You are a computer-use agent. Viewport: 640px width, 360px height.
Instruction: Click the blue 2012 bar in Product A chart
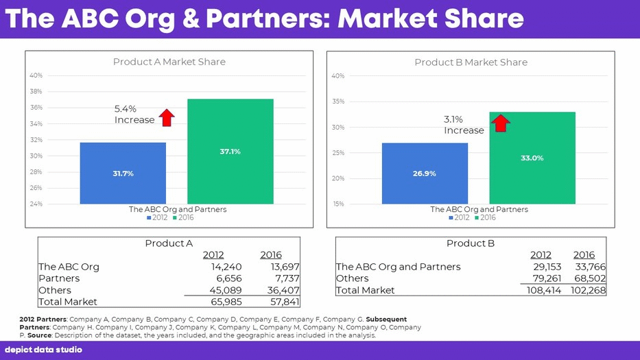coord(123,173)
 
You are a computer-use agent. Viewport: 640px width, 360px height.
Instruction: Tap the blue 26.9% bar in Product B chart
coord(425,173)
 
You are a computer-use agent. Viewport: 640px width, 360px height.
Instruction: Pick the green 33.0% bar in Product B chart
coord(532,158)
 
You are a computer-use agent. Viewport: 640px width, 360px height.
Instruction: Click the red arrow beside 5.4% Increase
coord(166,117)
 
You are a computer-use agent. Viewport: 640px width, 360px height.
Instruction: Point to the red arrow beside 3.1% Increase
coord(501,123)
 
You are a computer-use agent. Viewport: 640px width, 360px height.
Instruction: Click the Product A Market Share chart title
coord(169,62)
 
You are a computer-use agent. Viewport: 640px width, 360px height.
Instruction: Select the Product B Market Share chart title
coord(471,62)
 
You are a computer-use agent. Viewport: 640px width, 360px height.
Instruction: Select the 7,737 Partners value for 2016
coord(285,278)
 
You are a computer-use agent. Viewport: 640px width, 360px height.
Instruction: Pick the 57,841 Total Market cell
coord(284,302)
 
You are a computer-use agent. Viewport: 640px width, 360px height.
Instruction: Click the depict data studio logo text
coord(43,350)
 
